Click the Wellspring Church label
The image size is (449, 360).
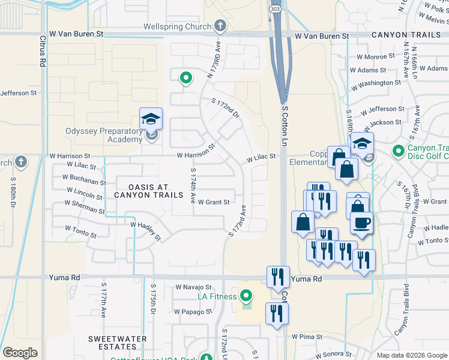point(177,26)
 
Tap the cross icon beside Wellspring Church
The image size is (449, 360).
point(220,26)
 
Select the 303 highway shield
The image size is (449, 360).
point(274,10)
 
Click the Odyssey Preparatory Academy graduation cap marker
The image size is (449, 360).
point(151,118)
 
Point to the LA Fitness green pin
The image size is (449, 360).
point(246,296)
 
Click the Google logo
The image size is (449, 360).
point(20,353)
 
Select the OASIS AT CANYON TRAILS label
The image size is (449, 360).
point(148,190)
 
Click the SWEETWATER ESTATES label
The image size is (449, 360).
point(117,343)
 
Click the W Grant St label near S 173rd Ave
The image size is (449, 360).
point(214,202)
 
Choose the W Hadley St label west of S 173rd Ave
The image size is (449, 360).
point(146,230)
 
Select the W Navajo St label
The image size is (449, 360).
point(194,287)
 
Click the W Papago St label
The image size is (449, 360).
point(193,311)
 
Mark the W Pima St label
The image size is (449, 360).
point(307,337)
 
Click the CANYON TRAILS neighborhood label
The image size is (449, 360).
point(406,36)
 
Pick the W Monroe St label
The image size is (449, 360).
point(376,56)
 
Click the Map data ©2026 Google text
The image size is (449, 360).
point(412,355)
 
